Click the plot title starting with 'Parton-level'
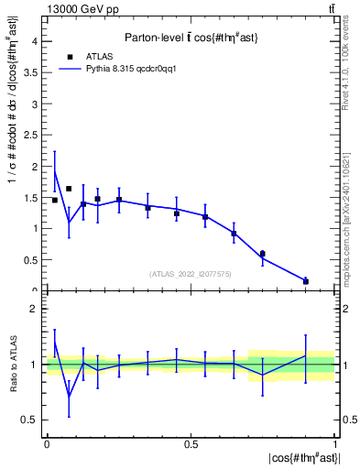tap(190, 38)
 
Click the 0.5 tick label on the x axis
tap(191, 444)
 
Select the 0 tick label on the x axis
tap(46, 444)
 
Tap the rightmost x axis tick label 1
tap(335, 444)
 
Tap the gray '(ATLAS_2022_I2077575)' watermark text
tap(190, 274)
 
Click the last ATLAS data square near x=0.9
tap(306, 281)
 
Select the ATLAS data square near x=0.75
tap(262, 254)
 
